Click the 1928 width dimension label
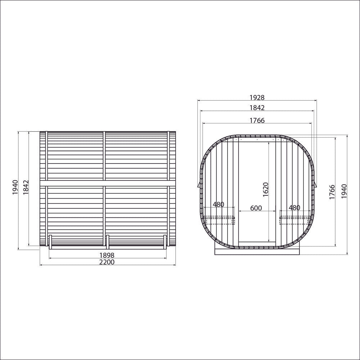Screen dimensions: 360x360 tap(257, 98)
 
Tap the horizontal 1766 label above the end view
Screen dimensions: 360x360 tap(257, 120)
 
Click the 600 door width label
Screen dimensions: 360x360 tap(256, 208)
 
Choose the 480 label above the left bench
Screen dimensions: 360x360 tap(219, 204)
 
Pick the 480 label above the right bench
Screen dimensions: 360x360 tap(294, 208)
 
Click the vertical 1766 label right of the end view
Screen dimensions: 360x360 tap(332, 192)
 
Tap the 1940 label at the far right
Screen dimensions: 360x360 tap(344, 191)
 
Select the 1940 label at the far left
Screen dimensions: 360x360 tap(15, 187)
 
